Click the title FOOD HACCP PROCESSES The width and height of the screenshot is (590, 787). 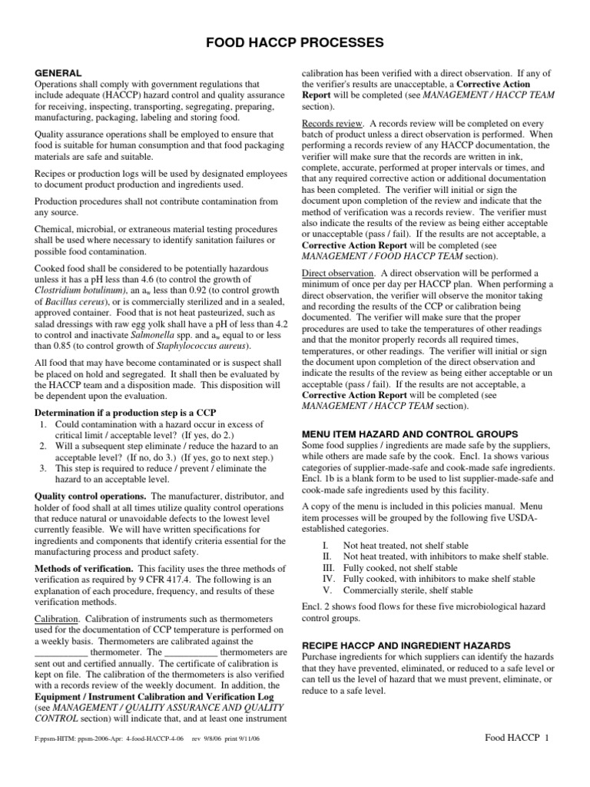coord(294,41)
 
